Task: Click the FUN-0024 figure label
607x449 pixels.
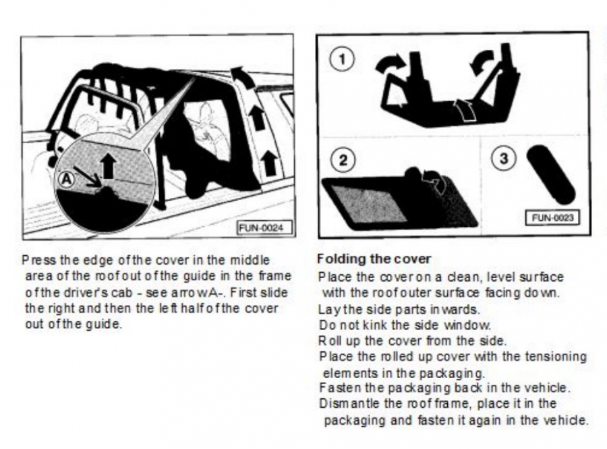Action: pos(262,228)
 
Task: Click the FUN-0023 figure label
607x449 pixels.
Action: pos(553,217)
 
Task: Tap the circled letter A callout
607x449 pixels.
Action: pos(67,180)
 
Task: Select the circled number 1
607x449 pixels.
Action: pos(342,59)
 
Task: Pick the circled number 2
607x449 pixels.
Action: pos(343,159)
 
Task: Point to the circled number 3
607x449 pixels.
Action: pos(504,159)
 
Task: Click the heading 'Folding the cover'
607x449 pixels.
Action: pos(374,259)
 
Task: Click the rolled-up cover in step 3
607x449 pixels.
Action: pos(551,174)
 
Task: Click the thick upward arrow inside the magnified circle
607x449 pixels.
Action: pos(109,165)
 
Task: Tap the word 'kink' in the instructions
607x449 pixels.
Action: pos(374,325)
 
